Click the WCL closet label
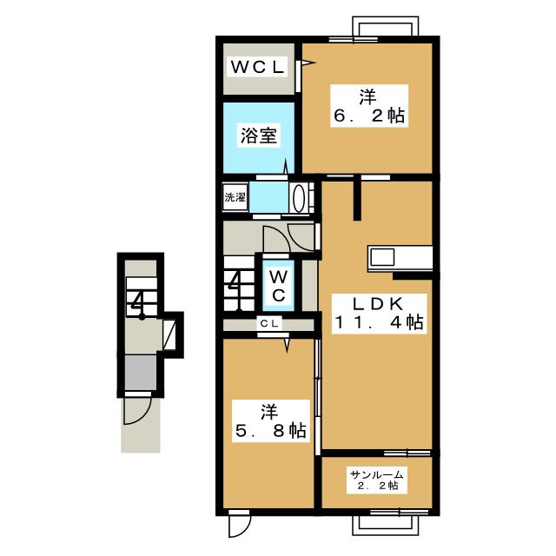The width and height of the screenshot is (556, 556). [x=257, y=67]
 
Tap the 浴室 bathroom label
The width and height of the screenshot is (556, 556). [x=259, y=136]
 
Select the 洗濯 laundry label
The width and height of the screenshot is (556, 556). [x=235, y=197]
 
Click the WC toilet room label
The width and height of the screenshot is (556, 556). [x=279, y=285]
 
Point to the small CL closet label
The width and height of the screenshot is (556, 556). [x=269, y=323]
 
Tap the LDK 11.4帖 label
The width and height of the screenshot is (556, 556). [x=379, y=313]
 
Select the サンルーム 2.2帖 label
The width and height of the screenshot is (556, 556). [x=377, y=480]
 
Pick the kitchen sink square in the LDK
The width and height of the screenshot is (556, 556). [x=381, y=257]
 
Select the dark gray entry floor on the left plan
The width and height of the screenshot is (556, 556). [x=141, y=373]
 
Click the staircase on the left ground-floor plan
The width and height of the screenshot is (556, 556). [x=142, y=297]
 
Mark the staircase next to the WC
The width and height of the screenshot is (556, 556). [x=240, y=283]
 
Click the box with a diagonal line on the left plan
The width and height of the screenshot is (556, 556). [x=169, y=334]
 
